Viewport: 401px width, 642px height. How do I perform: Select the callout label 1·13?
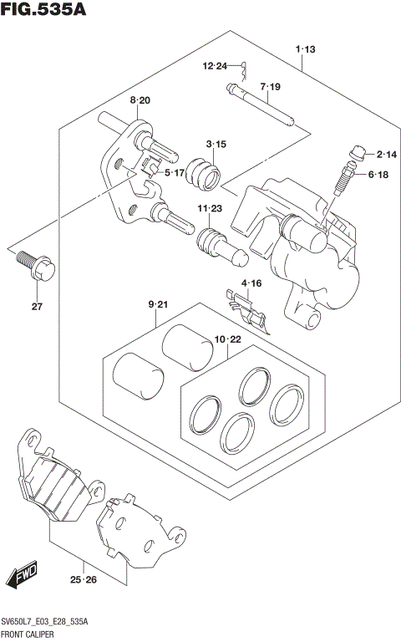(x=305, y=50)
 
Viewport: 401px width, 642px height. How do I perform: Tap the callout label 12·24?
(x=214, y=66)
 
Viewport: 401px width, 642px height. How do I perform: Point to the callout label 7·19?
(x=270, y=87)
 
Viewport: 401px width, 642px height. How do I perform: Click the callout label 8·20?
(x=140, y=100)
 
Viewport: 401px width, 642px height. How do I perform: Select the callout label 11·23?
(x=210, y=208)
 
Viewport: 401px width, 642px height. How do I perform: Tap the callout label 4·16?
(x=252, y=284)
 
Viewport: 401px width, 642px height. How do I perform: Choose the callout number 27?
(x=37, y=307)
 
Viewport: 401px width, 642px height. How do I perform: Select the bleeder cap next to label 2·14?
(x=358, y=152)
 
